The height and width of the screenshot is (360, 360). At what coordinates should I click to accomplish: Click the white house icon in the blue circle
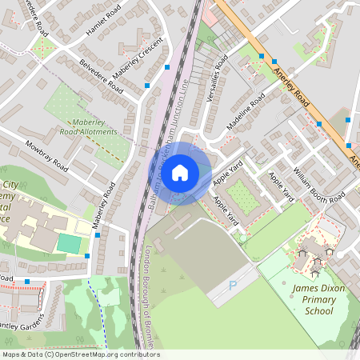pyautogui.click(x=180, y=173)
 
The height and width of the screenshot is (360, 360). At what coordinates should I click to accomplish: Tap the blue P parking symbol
pyautogui.click(x=233, y=286)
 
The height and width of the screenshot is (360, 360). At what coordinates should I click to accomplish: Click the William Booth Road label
pyautogui.click(x=318, y=186)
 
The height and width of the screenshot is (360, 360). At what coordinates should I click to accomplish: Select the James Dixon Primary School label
pyautogui.click(x=313, y=299)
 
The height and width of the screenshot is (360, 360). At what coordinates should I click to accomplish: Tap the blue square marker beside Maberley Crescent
pyautogui.click(x=147, y=84)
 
